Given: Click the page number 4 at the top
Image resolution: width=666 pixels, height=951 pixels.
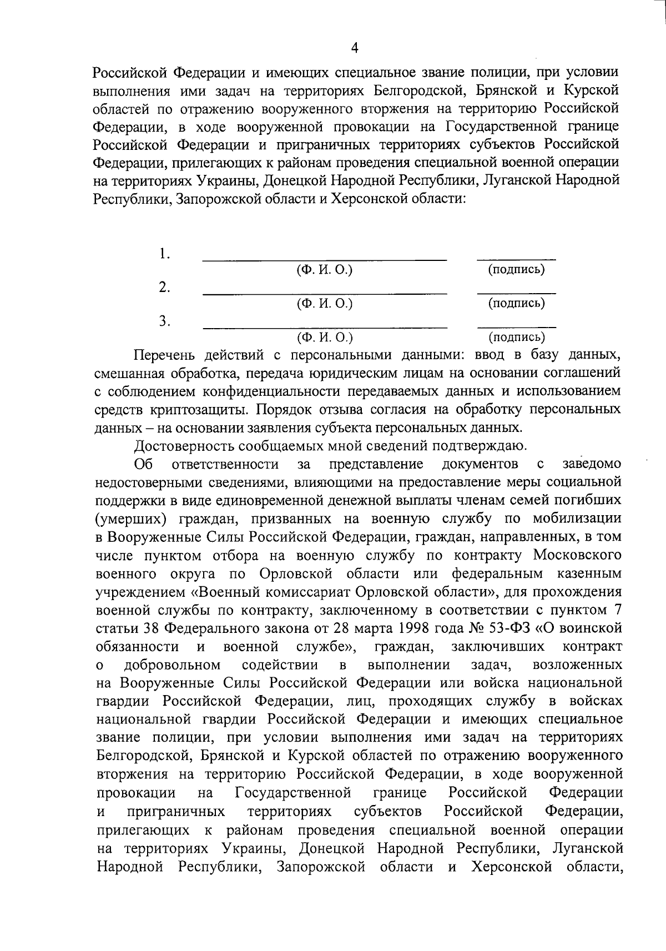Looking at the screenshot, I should click(355, 48).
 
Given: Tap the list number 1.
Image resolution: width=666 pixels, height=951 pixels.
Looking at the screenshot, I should click(164, 254).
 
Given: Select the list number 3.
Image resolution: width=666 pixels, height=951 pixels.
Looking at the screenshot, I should click(164, 321).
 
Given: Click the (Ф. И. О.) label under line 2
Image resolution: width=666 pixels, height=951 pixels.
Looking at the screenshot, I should click(325, 303).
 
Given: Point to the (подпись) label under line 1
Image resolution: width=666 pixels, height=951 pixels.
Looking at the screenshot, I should click(516, 270).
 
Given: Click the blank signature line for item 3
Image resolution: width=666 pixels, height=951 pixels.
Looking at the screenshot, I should click(516, 328).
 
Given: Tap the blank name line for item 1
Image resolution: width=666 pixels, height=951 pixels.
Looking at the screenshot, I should click(325, 259).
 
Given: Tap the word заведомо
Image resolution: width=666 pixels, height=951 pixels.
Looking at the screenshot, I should click(592, 464).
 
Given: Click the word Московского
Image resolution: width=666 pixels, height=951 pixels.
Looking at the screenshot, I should click(577, 555).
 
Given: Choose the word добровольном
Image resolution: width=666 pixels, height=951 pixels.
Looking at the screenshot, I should click(172, 665).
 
